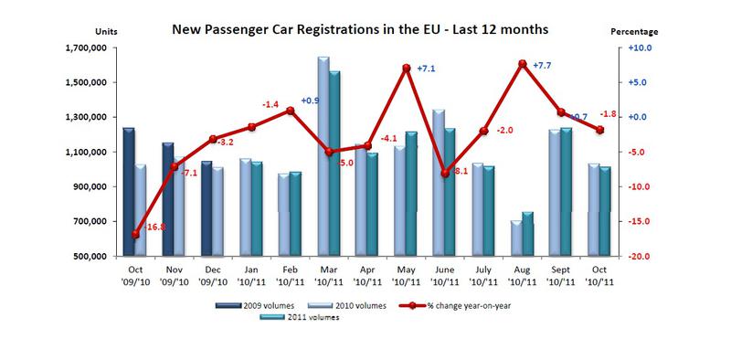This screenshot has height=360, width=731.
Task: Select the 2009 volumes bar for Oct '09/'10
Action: pos(129,192)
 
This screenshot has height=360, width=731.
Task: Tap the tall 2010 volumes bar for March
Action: pos(323,155)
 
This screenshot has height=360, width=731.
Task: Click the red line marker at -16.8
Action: pos(135,234)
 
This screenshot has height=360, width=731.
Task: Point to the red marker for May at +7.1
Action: pos(405,69)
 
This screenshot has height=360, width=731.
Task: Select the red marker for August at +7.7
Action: pos(522,64)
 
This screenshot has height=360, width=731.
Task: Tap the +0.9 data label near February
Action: pos(311,100)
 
